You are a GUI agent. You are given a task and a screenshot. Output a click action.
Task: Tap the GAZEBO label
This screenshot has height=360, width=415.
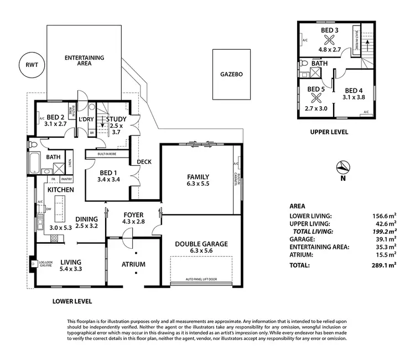(232, 73)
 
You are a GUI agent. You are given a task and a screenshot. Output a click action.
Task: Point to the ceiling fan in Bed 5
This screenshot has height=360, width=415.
(315, 97)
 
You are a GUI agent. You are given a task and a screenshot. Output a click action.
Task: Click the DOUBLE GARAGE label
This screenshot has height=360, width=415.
(201, 244)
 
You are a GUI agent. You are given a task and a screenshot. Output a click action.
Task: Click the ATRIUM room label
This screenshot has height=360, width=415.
(133, 264)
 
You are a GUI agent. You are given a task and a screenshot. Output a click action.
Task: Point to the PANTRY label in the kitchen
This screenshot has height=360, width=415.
(66, 179)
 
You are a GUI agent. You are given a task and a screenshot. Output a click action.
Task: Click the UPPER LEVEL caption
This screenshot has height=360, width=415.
(330, 132)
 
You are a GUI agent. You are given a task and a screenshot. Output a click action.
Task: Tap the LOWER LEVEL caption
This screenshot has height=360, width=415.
(72, 301)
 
